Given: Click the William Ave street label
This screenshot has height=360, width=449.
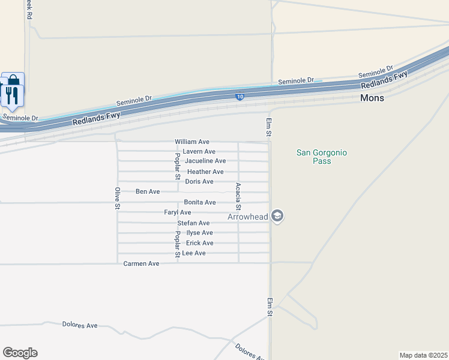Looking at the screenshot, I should pos(192,142).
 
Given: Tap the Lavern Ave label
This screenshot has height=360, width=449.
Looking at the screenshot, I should pos(199,152).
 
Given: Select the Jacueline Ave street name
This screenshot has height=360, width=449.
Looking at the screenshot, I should pos(205,161).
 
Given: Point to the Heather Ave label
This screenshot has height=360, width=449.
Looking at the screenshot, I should pos(205,172).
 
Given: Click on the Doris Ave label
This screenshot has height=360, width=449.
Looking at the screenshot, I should pos(199,181).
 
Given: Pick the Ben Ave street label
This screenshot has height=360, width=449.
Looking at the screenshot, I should pos(148,191).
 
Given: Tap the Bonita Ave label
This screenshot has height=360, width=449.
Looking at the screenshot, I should pos(200,202).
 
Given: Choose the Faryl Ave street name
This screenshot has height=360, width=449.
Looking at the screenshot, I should pos(178,212).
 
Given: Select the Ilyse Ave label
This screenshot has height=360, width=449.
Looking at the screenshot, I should pos(200,233).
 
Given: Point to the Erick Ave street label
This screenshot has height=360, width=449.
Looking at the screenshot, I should pos(200,243).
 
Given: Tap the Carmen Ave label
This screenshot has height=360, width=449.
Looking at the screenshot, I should pos(142,263).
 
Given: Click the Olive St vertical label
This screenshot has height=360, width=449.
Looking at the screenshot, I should pos(117,199).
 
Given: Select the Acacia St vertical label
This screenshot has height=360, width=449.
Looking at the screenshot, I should pos(239,196).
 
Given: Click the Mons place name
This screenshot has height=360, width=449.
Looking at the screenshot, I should pos(372,97).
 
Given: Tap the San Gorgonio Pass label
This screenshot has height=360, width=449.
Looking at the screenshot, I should pos(322,157).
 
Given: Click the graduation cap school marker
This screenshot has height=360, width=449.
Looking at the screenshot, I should pos(277,215).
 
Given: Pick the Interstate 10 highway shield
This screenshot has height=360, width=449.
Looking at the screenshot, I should pos(240,96).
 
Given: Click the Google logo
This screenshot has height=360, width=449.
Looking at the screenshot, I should pos(20,353).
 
